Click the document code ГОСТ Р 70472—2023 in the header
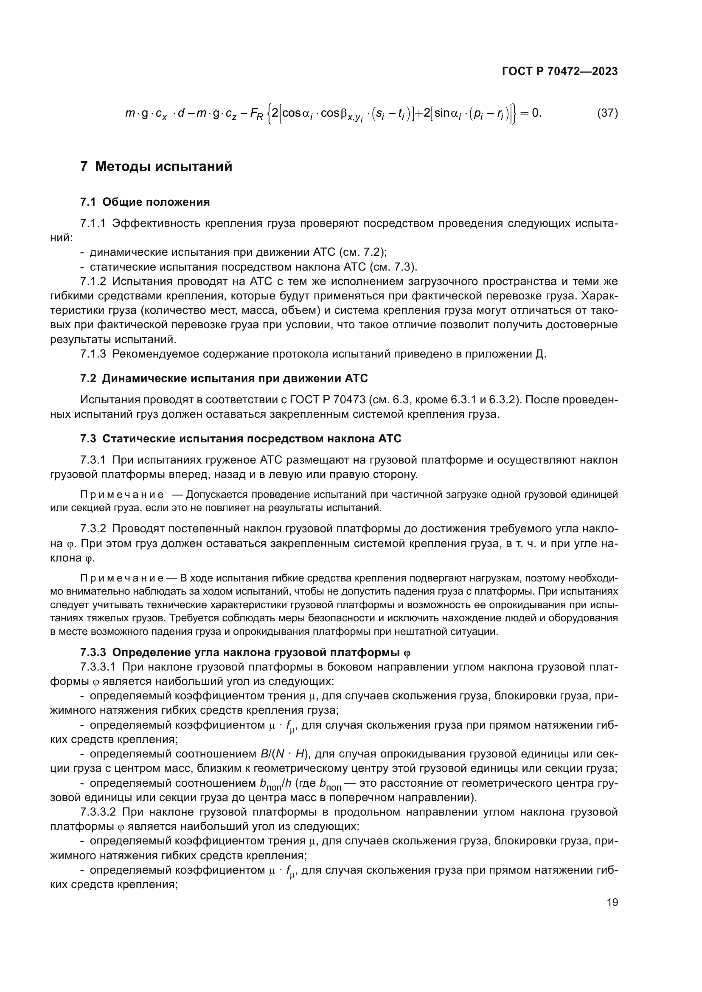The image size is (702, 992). click(x=560, y=72)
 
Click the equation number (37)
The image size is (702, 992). click(x=607, y=113)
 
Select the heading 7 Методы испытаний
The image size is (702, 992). click(x=156, y=166)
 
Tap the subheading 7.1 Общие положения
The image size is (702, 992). click(x=145, y=202)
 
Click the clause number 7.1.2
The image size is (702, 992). click(x=93, y=281)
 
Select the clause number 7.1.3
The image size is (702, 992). click(x=93, y=354)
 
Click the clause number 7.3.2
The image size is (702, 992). click(x=93, y=529)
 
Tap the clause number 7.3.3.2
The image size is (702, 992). click(x=98, y=812)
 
